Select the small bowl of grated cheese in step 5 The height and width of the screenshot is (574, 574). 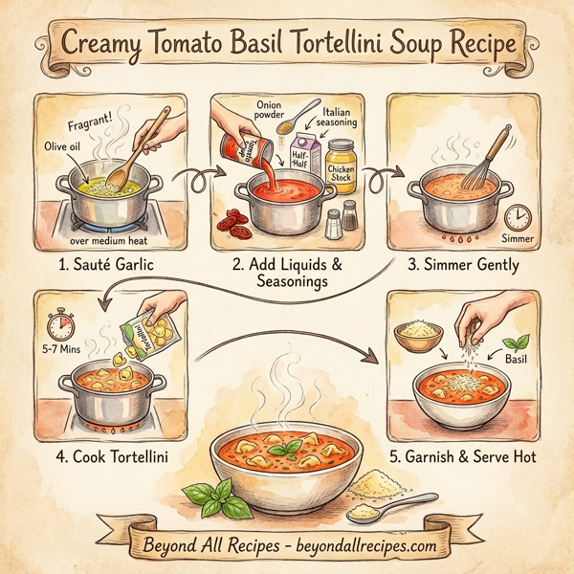(418, 337)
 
